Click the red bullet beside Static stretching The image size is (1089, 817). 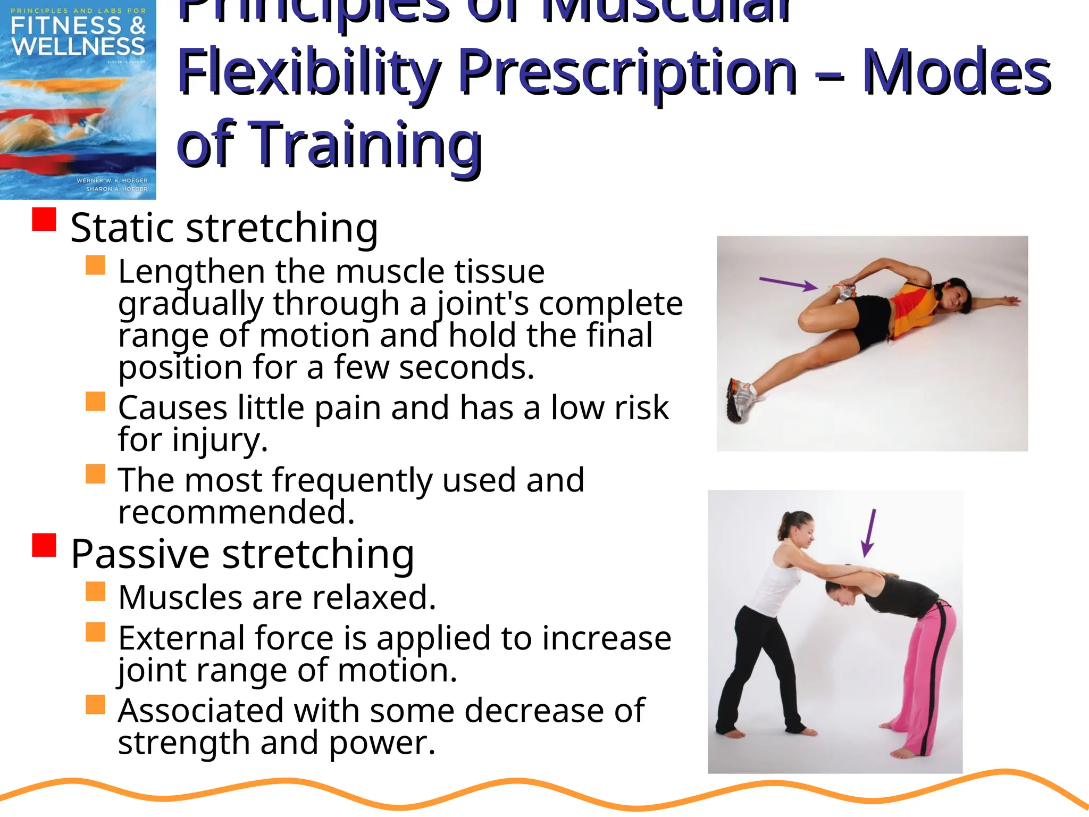(x=44, y=219)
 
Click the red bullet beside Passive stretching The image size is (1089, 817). (x=44, y=545)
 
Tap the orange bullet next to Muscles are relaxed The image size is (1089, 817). (x=95, y=591)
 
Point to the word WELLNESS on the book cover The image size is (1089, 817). (x=78, y=46)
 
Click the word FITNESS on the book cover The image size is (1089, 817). (x=66, y=26)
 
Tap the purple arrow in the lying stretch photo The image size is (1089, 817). (x=788, y=284)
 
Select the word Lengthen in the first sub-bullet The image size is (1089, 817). (x=191, y=272)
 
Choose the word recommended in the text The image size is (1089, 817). (x=236, y=512)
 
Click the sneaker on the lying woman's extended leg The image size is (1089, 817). (x=741, y=398)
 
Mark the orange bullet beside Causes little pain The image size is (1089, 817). (x=95, y=402)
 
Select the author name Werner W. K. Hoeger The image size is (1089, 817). (x=112, y=180)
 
